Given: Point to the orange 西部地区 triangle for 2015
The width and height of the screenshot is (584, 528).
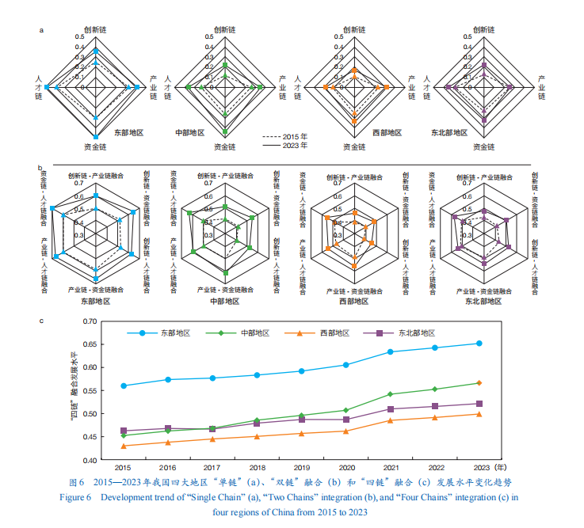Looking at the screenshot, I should tap(123, 446).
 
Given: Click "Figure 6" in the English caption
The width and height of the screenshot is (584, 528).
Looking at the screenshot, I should tap(76, 497).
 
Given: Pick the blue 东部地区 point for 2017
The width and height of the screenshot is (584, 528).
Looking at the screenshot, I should tap(212, 378).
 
